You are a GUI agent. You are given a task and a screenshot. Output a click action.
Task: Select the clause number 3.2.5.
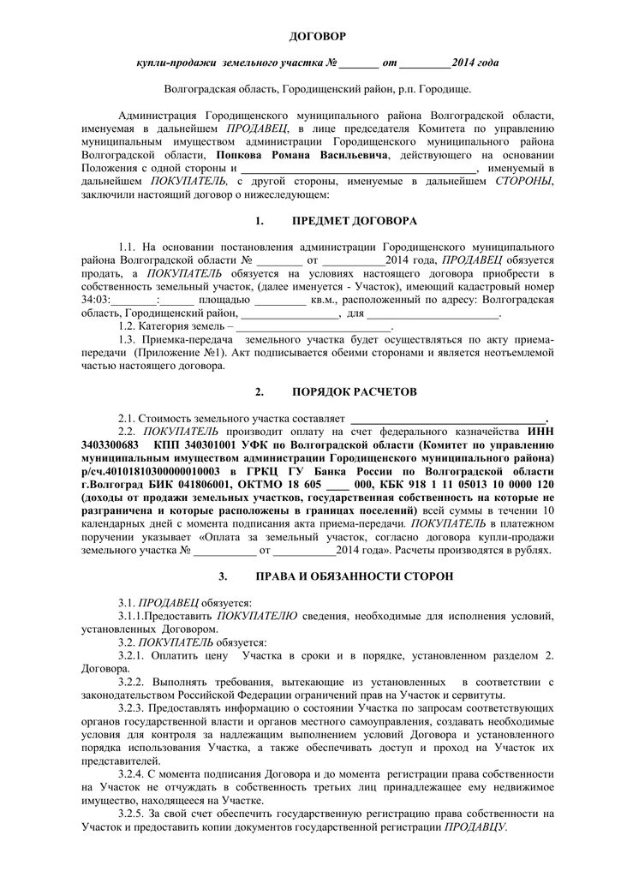click(x=134, y=813)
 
